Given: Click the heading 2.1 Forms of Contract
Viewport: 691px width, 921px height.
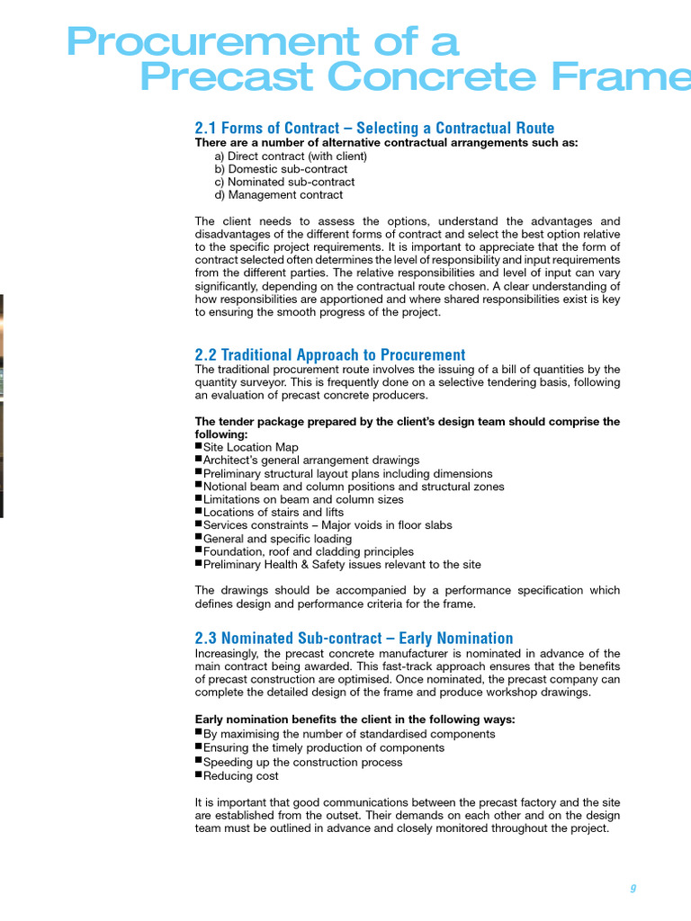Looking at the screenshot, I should click(x=374, y=128).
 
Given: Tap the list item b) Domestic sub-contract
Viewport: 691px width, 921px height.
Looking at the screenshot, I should click(x=281, y=169).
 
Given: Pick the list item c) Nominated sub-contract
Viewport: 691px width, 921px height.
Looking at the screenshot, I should click(x=284, y=182).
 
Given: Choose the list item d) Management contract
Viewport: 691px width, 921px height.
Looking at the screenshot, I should click(x=278, y=194).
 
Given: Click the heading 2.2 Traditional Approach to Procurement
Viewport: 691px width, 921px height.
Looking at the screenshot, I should click(x=330, y=354).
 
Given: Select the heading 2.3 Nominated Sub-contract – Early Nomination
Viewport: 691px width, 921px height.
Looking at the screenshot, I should click(x=354, y=638).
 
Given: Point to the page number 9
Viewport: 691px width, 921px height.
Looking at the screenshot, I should click(x=633, y=889).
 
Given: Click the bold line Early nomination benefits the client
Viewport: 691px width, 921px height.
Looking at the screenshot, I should click(x=355, y=720).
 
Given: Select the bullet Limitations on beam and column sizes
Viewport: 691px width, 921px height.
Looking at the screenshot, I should click(x=303, y=499).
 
